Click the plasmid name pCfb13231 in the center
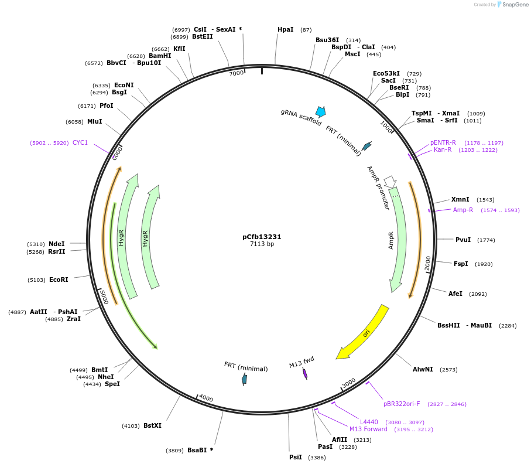coord(262,237)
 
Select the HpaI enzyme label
coord(286,29)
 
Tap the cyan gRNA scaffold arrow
coord(320,111)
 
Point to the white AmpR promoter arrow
coord(390,182)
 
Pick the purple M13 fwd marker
coord(305,373)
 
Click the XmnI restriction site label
coord(460,200)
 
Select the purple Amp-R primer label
coord(463,210)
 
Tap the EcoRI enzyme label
coord(59,280)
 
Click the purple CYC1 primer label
coord(80,142)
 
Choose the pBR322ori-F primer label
coord(401,404)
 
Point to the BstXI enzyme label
coord(152,426)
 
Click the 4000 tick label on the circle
coord(205,398)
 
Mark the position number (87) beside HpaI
coord(306,30)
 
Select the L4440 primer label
coord(369,422)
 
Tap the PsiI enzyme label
coord(295,457)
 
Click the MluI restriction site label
coord(94,122)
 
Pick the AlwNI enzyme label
coord(423,369)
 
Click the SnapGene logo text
coord(513,5)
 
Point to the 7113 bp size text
coord(262,244)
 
